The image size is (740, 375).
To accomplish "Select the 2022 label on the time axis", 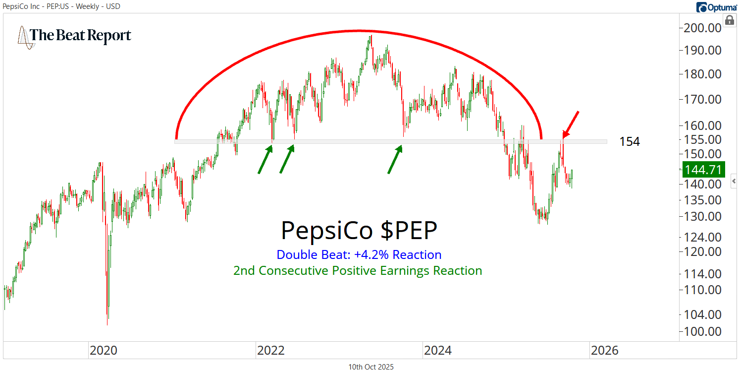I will (x=270, y=350).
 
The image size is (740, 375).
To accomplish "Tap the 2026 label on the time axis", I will (x=604, y=350).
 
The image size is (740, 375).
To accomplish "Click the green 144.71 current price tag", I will (x=703, y=170).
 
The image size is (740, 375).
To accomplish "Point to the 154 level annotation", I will (x=629, y=142).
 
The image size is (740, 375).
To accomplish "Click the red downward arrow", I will (x=570, y=124).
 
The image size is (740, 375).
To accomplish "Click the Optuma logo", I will (x=717, y=7).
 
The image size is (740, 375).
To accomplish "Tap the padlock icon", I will (x=729, y=20).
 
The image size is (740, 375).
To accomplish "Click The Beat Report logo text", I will (x=80, y=36).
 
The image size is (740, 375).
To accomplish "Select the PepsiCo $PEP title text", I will (x=359, y=231).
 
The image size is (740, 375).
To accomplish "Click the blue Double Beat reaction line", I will (x=359, y=254).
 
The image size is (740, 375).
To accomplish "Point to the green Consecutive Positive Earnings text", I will (x=358, y=270).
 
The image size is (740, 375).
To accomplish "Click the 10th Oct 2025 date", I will (x=371, y=367).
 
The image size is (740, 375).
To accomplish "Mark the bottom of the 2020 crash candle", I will (x=107, y=324).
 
